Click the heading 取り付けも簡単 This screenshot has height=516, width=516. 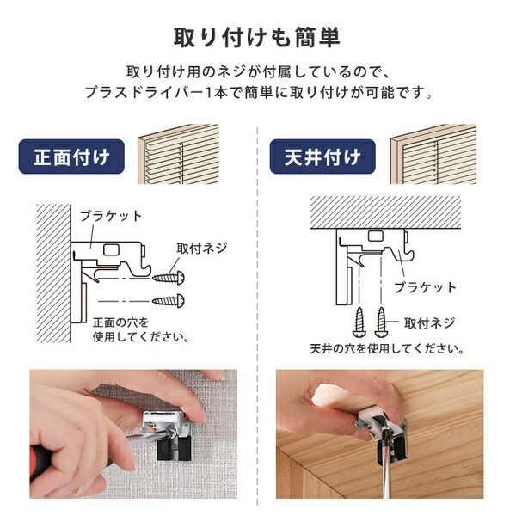tap(257, 38)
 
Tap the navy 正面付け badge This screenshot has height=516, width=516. tap(71, 157)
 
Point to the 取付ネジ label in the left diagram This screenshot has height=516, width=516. tap(202, 248)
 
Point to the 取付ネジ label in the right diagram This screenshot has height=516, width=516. tap(431, 323)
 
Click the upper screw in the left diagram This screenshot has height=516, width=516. tap(169, 277)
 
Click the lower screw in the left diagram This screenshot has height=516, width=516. tap(169, 299)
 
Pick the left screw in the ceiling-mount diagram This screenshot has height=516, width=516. tap(359, 322)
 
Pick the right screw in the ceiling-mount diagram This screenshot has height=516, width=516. tap(381, 322)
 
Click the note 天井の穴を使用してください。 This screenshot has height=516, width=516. tap(388, 349)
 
